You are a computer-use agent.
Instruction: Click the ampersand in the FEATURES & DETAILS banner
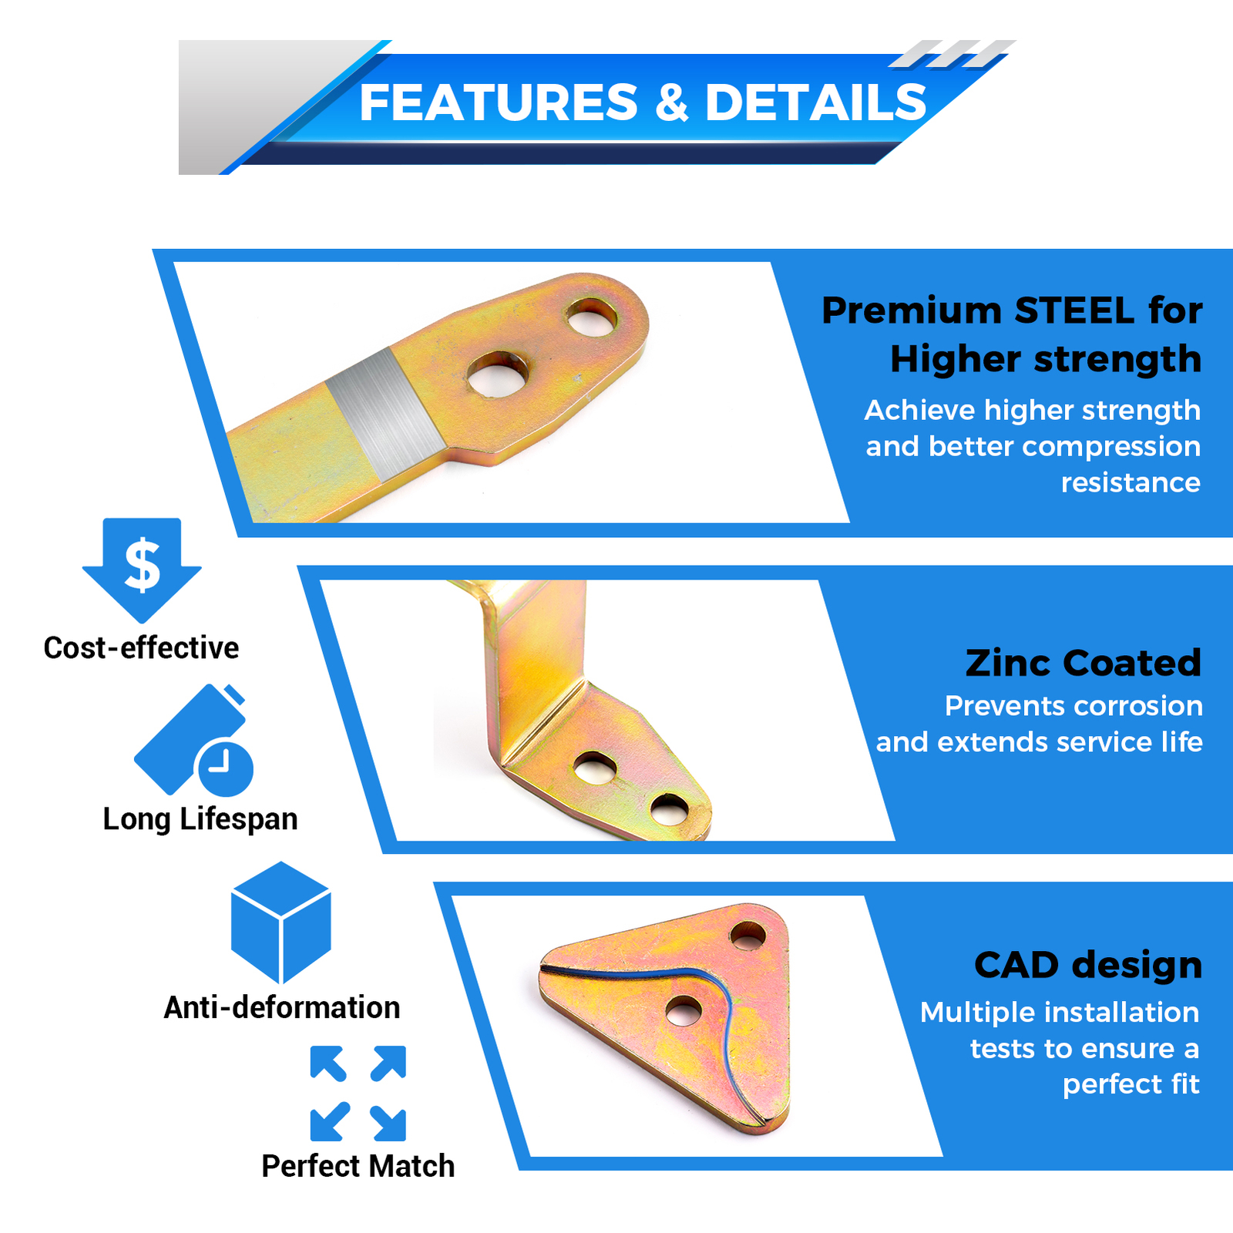click(x=673, y=102)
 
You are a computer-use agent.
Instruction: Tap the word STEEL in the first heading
click(x=1075, y=311)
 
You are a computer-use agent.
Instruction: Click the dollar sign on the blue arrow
click(x=143, y=565)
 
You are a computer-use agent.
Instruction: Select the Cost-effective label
click(x=141, y=647)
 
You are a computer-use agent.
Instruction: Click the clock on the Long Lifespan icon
click(x=226, y=768)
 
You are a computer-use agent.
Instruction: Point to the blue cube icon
click(x=281, y=922)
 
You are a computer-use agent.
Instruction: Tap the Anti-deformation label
click(x=282, y=1007)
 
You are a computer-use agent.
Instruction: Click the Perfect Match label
click(x=358, y=1166)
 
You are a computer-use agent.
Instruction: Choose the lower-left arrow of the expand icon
click(x=328, y=1122)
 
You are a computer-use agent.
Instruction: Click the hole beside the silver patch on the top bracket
click(x=499, y=374)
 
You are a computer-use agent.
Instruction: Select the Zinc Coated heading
click(x=1083, y=662)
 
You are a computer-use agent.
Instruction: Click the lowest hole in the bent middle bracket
click(x=669, y=808)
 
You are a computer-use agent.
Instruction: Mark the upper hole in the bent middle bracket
click(x=595, y=766)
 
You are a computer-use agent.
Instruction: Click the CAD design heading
click(x=1088, y=965)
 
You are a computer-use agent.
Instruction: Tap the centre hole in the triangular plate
click(x=684, y=1010)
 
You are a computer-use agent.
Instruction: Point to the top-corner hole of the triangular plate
click(x=748, y=936)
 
